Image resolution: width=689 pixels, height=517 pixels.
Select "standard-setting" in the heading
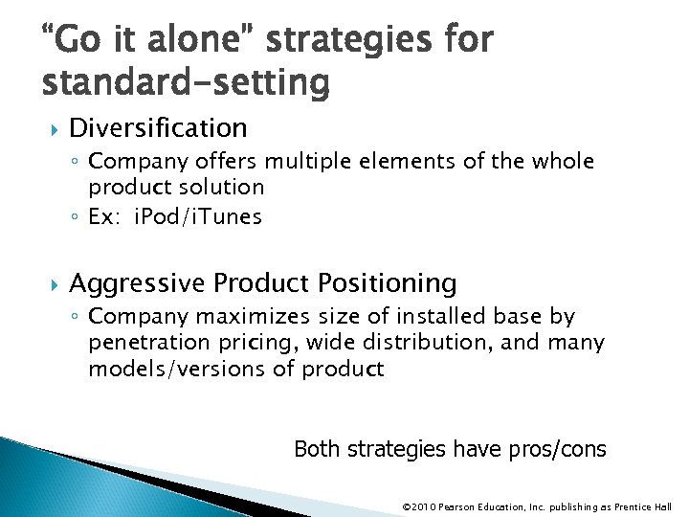[186, 83]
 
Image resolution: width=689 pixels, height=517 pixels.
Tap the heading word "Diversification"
[158, 127]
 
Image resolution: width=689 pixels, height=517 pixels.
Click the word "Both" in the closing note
[315, 449]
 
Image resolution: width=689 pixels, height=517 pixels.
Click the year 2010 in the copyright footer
[424, 506]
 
